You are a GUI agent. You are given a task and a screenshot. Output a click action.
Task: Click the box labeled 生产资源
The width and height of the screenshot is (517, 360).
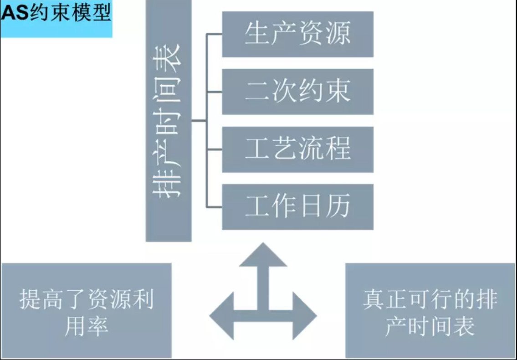click(297, 34)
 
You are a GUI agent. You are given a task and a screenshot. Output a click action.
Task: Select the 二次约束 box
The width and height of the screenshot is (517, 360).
click(297, 91)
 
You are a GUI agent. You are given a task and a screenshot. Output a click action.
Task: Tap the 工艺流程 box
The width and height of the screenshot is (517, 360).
click(297, 149)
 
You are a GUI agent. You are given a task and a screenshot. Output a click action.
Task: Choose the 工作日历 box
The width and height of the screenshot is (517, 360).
click(297, 206)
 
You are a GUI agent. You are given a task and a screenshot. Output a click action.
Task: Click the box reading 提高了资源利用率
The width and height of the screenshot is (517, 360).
click(87, 310)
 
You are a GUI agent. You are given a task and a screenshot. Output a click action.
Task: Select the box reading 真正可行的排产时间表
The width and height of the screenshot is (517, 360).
click(430, 310)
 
